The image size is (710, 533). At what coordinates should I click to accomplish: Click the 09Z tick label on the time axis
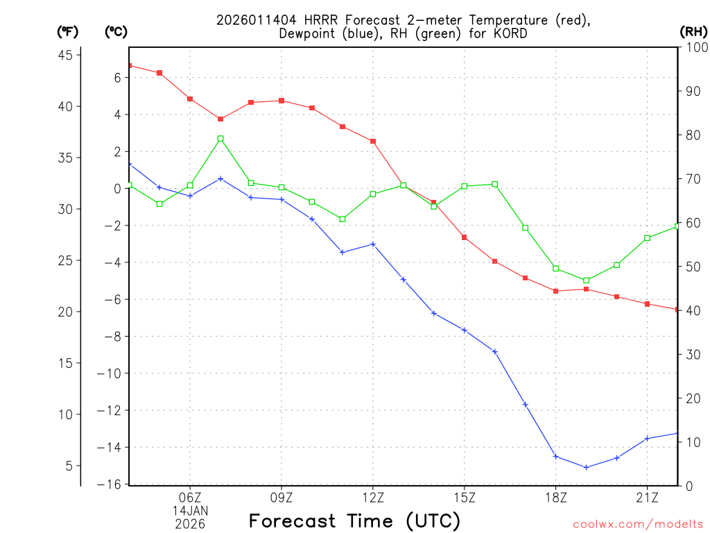click(x=282, y=497)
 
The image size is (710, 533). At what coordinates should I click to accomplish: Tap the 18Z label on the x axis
click(x=555, y=497)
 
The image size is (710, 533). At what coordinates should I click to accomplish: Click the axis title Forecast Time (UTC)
click(x=354, y=521)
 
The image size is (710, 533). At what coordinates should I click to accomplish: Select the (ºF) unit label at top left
click(x=68, y=31)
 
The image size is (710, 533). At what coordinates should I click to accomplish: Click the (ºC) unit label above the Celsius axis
click(x=116, y=31)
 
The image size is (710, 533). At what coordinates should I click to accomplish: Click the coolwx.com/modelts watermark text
click(x=638, y=524)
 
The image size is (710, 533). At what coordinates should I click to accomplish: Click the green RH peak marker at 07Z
click(x=220, y=139)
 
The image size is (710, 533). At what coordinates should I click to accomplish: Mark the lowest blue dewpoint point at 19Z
click(x=586, y=467)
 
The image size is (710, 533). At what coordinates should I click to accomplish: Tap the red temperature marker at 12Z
click(x=373, y=141)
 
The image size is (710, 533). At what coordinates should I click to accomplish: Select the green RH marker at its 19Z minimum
click(x=586, y=280)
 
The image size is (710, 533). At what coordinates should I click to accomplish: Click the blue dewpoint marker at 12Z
click(x=373, y=244)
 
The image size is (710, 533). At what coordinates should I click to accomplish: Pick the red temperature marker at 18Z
click(x=555, y=291)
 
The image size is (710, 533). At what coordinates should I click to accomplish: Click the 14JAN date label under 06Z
click(x=190, y=510)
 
